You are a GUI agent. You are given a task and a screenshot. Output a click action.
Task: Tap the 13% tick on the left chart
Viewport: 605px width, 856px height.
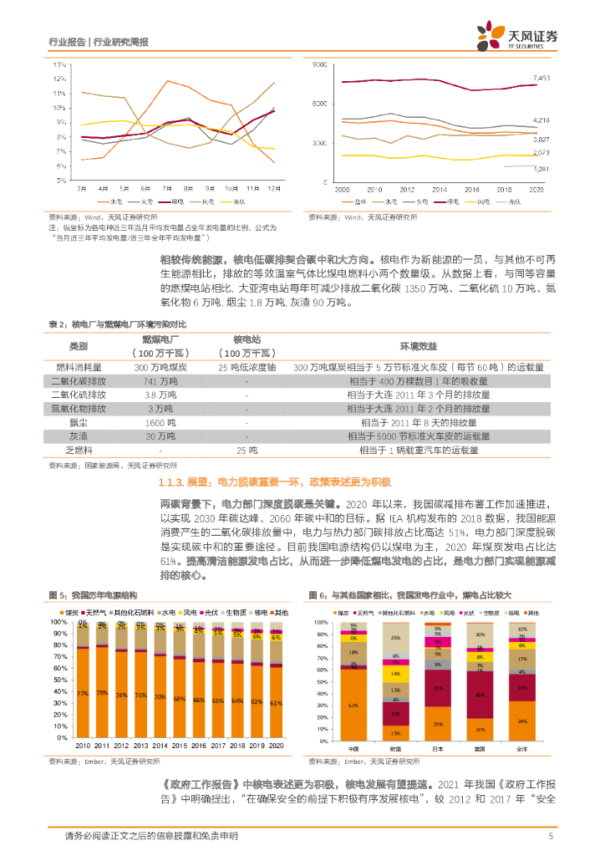pyautogui.click(x=59, y=64)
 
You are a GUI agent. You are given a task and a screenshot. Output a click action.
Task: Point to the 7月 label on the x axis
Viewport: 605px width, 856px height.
pyautogui.click(x=167, y=188)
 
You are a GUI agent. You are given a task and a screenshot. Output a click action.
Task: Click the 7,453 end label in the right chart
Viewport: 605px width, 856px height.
pyautogui.click(x=541, y=78)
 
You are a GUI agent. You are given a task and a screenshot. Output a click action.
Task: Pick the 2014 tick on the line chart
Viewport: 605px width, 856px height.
pyautogui.click(x=439, y=191)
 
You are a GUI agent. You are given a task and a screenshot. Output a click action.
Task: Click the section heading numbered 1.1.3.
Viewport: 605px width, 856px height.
pyautogui.click(x=275, y=483)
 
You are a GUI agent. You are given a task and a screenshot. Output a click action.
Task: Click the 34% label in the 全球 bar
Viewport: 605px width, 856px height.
pyautogui.click(x=522, y=721)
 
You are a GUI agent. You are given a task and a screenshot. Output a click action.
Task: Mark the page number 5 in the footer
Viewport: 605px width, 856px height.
pyautogui.click(x=551, y=836)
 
